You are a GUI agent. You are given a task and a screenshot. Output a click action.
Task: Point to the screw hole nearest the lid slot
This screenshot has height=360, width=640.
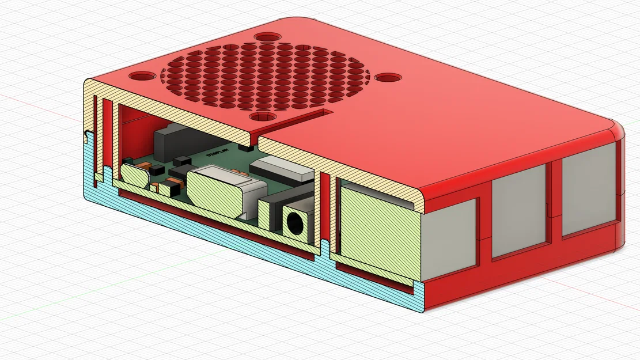[263, 116]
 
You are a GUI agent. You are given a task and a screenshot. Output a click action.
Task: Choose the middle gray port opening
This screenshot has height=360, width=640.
[518, 213]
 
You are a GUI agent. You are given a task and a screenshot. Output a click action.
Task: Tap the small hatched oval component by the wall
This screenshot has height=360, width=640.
[134, 175]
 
